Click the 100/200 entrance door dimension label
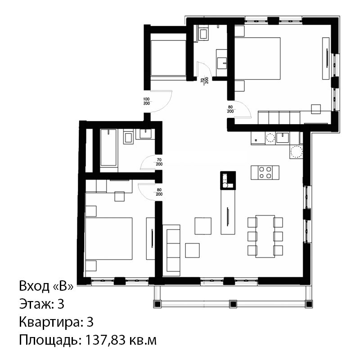pyautogui.click(x=147, y=101)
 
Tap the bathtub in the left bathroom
pyautogui.click(x=108, y=148)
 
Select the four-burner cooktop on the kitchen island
pyautogui.click(x=265, y=173)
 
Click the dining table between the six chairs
pyautogui.click(x=265, y=236)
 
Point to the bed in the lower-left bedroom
pyautogui.click(x=109, y=238)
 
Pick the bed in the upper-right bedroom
pyautogui.click(x=257, y=58)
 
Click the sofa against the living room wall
pyautogui.click(x=171, y=250)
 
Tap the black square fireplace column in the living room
pyautogui.click(x=228, y=180)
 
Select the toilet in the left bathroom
pyautogui.click(x=129, y=137)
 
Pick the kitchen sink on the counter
pyautogui.click(x=283, y=138)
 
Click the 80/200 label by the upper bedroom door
pyautogui.click(x=230, y=109)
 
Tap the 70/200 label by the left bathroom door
pyautogui.click(x=159, y=162)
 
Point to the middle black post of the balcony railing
pyautogui.click(x=233, y=304)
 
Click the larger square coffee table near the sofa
pyautogui.click(x=203, y=226)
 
